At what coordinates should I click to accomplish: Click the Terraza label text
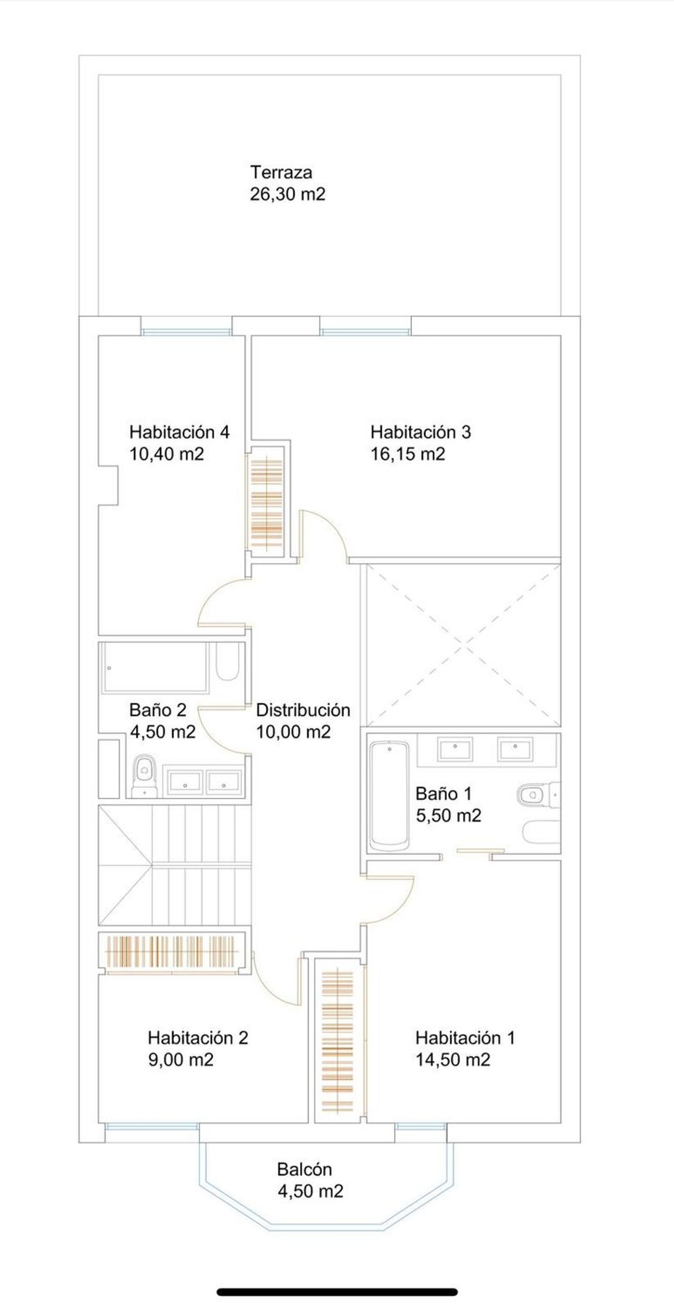pyautogui.click(x=281, y=173)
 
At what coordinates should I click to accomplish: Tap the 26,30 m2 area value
pyautogui.click(x=288, y=195)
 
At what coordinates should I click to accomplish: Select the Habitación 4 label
pyautogui.click(x=179, y=432)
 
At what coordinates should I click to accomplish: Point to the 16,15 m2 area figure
pyautogui.click(x=408, y=454)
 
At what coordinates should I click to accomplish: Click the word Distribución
pyautogui.click(x=303, y=710)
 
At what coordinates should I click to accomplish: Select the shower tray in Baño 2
pyautogui.click(x=155, y=668)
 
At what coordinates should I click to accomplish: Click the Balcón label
pyautogui.click(x=304, y=1169)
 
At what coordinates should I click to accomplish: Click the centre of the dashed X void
pyautogui.click(x=463, y=646)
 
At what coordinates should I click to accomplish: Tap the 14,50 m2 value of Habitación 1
pyautogui.click(x=453, y=1060)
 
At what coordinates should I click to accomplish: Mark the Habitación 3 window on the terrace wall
pyautogui.click(x=365, y=332)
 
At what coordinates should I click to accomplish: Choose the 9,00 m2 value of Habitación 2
pyautogui.click(x=181, y=1060)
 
